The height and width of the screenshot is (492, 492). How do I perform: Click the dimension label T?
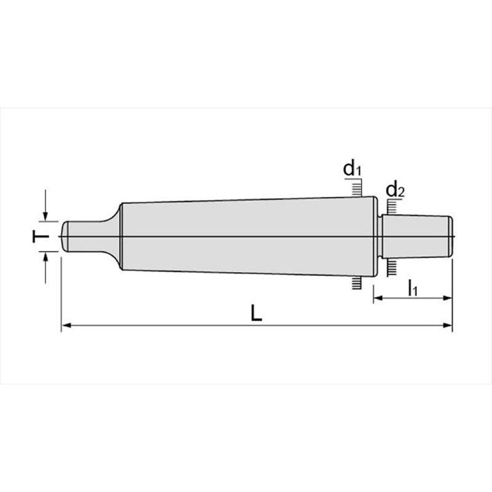pos(41,236)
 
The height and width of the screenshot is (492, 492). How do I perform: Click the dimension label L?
pos(256,313)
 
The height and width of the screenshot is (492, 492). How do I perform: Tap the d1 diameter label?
pos(352,168)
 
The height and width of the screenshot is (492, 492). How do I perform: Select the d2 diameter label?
pos(395,189)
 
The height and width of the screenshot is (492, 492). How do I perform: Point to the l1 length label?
pos(413,288)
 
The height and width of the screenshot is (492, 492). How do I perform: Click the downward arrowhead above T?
pos(46,216)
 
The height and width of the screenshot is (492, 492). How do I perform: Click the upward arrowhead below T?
pos(46,256)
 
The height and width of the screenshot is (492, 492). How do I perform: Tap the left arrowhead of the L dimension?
pos(66,326)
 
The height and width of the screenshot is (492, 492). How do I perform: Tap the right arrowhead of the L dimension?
pos(448,326)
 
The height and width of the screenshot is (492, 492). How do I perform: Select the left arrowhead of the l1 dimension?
pos(378,298)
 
